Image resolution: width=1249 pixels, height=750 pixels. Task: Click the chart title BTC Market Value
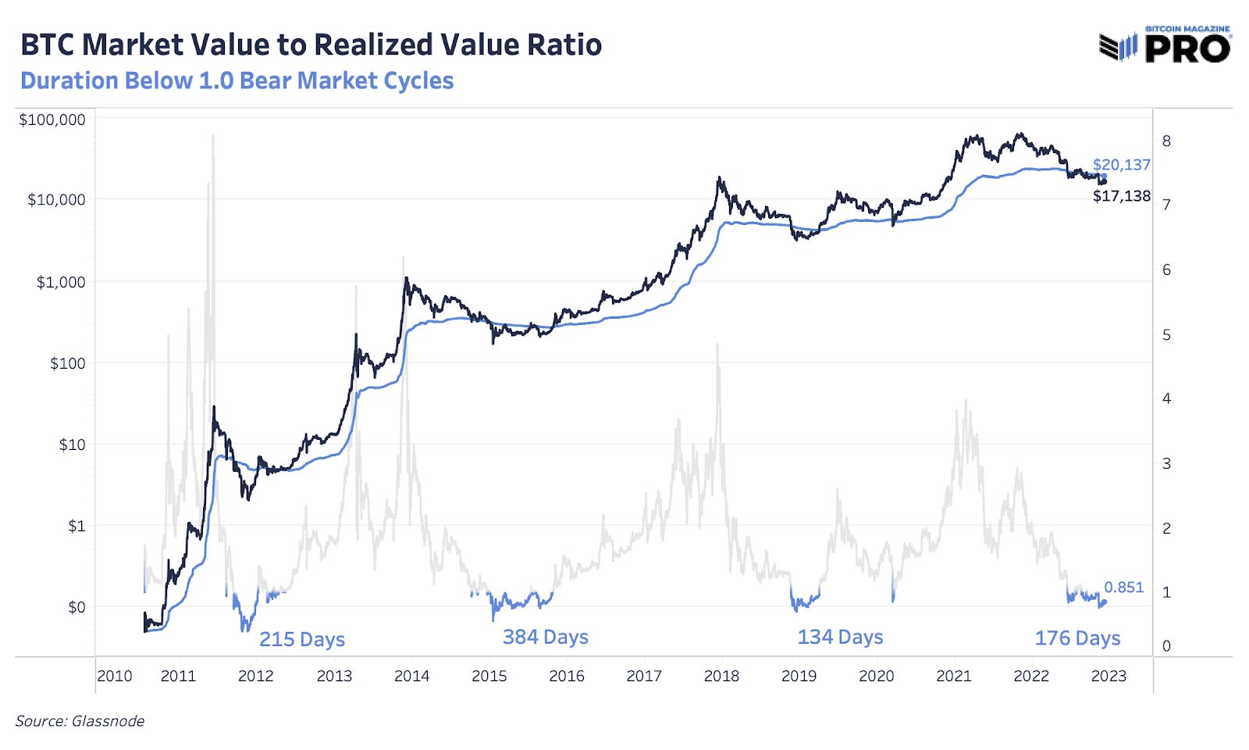click(311, 45)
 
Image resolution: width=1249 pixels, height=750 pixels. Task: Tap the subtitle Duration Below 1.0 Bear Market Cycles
click(237, 81)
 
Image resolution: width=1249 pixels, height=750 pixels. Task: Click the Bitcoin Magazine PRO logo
click(1165, 45)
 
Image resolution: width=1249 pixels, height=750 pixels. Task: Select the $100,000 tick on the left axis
click(52, 120)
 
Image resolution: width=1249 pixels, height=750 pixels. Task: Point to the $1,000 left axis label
click(61, 282)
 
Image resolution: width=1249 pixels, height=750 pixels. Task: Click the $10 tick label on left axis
click(72, 445)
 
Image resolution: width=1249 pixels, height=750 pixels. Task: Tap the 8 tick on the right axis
click(1166, 141)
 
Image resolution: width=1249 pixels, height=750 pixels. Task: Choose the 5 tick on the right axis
click(1166, 335)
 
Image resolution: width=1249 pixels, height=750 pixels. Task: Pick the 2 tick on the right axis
click(1166, 529)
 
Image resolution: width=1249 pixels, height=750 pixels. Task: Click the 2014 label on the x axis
click(411, 677)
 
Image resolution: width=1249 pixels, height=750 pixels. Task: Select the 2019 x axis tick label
click(799, 677)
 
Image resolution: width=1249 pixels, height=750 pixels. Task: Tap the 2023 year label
click(1108, 677)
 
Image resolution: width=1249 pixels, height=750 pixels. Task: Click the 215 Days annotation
click(302, 640)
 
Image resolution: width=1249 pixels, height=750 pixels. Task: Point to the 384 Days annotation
click(545, 637)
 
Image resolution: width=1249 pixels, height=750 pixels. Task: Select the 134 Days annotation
click(840, 637)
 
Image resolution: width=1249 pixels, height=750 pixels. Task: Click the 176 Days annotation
click(1077, 638)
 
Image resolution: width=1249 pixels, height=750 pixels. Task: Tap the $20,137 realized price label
click(1121, 165)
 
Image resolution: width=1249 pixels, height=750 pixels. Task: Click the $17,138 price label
click(1121, 196)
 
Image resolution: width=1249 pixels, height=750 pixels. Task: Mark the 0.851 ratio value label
click(1123, 587)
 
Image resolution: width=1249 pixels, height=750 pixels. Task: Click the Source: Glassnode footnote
click(80, 721)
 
